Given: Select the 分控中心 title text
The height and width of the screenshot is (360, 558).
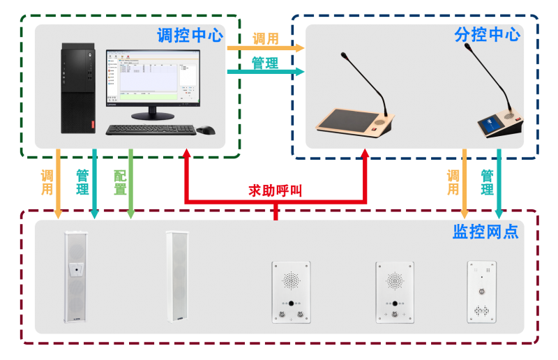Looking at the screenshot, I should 487,35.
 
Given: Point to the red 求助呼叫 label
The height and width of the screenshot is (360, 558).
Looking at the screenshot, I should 276,190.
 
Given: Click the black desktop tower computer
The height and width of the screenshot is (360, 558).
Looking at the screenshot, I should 77,88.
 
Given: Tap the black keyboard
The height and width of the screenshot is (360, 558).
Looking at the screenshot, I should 150,129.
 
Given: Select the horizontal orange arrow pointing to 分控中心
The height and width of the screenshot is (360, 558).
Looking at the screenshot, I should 266,48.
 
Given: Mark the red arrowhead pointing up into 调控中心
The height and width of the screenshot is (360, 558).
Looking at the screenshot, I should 186,155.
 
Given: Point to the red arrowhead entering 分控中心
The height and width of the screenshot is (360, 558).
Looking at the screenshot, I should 365,155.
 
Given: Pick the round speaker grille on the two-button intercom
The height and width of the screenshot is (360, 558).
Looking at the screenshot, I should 291,281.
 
